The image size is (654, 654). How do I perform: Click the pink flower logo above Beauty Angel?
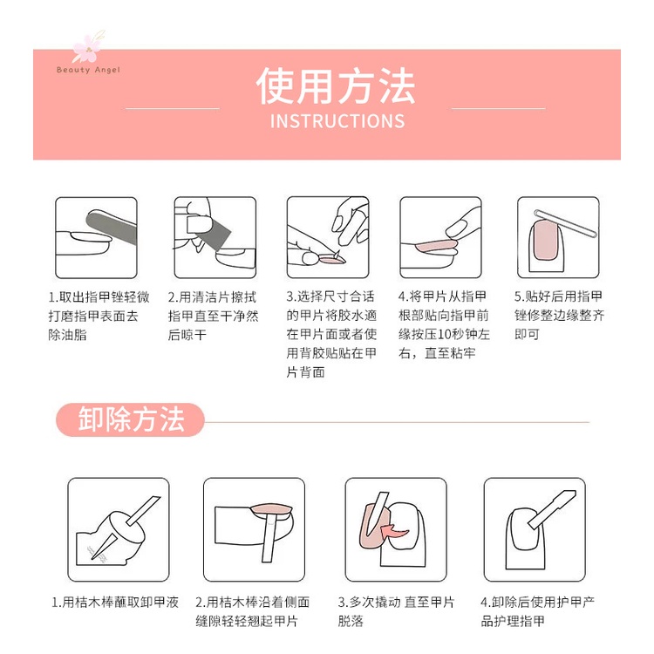click(x=86, y=48)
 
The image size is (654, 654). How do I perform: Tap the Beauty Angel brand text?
click(x=88, y=70)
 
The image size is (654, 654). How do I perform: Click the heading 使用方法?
click(x=336, y=86)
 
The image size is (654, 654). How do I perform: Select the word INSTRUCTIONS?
click(x=337, y=121)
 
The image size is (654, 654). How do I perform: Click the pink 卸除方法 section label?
click(x=130, y=419)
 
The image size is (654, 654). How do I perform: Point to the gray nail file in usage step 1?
click(x=112, y=227)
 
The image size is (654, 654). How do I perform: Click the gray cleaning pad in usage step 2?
click(x=211, y=233)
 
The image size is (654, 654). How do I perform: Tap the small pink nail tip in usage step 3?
click(x=332, y=260)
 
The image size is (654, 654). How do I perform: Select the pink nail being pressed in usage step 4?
click(x=435, y=245)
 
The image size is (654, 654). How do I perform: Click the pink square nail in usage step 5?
click(x=546, y=240)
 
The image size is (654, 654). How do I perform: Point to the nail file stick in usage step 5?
click(x=566, y=223)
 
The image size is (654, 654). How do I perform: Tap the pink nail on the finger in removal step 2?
click(x=271, y=509)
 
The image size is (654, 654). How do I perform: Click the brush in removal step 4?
click(x=551, y=509)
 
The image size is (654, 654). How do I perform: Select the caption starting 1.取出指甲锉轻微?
click(x=99, y=316)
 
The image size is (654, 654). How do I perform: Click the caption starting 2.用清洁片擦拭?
click(x=213, y=316)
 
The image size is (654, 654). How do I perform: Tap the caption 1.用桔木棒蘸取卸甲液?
click(x=115, y=603)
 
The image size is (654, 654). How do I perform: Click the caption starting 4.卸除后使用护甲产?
click(x=538, y=611)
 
